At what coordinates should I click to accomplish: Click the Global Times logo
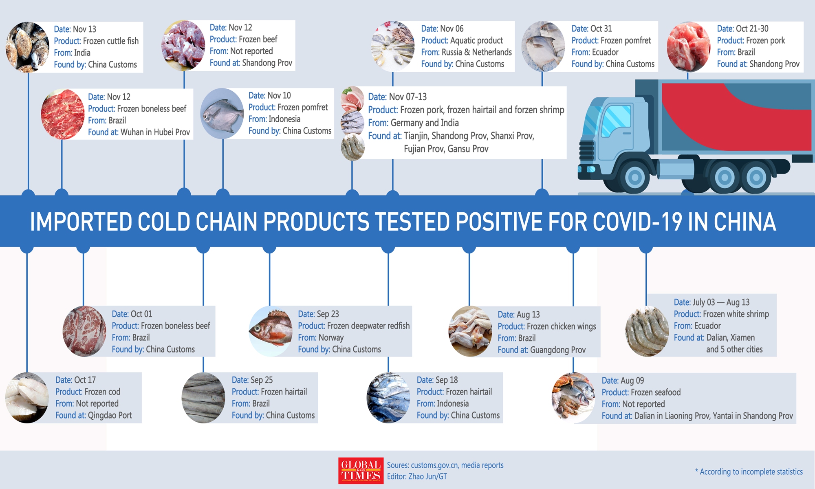pyautogui.click(x=361, y=471)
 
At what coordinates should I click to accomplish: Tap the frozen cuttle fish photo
pyautogui.click(x=28, y=47)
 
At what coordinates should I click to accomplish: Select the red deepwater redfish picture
pyautogui.click(x=271, y=331)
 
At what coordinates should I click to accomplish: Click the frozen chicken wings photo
pyautogui.click(x=470, y=331)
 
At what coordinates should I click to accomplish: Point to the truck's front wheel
pyautogui.click(x=634, y=177)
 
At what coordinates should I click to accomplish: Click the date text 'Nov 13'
pyautogui.click(x=84, y=29)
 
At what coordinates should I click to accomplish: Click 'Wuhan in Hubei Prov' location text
pyautogui.click(x=155, y=132)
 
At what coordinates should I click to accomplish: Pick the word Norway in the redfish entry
pyautogui.click(x=331, y=338)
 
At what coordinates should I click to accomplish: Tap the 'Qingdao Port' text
pyautogui.click(x=110, y=416)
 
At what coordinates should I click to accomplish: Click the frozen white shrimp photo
pyautogui.click(x=647, y=331)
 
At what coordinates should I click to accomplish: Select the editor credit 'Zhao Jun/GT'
pyautogui.click(x=427, y=476)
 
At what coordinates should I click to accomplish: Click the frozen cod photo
pyautogui.click(x=27, y=398)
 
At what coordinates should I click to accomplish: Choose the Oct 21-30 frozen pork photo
pyautogui.click(x=688, y=47)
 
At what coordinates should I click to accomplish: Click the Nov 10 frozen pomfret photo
pyautogui.click(x=222, y=114)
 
